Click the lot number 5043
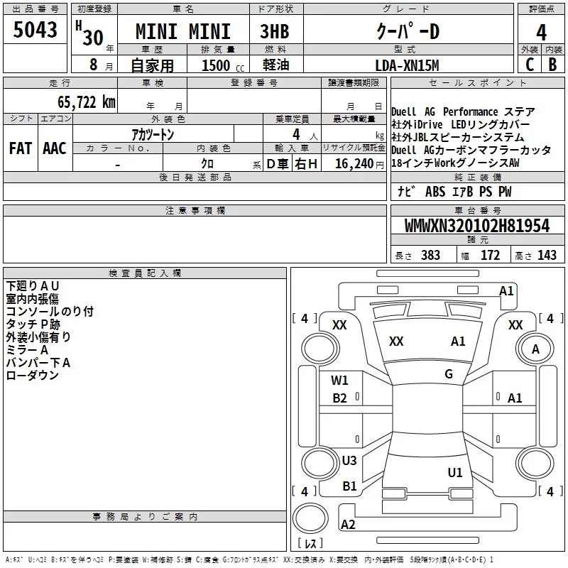coord(35,30)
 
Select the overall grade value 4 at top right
coord(541,32)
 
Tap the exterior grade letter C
coord(530,65)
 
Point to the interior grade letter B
coord(552,65)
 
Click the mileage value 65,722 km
coord(87,102)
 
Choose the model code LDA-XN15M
coord(407,65)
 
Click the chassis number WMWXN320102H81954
coord(477,226)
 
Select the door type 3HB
coord(275,31)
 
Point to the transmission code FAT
coord(21,148)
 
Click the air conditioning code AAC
coord(55,148)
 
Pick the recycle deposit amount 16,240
coord(354,164)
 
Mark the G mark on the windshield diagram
coord(449,374)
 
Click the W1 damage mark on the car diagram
coord(339,381)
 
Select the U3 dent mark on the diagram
coord(349,460)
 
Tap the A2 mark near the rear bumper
coord(348,524)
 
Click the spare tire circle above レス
coord(310,518)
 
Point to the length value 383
coord(430,256)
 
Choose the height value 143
coord(547,256)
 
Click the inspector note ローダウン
coord(32,376)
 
